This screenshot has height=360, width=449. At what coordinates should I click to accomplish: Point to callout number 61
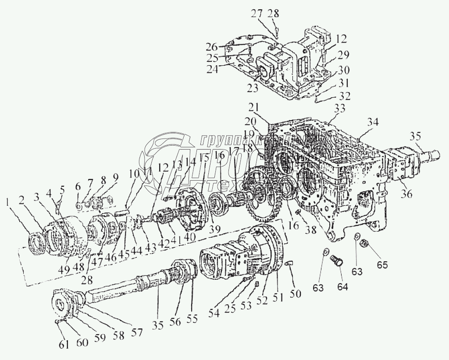(64, 345)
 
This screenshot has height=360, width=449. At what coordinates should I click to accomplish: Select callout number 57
(137, 332)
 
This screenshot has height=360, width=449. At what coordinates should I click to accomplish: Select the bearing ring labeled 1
(36, 242)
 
